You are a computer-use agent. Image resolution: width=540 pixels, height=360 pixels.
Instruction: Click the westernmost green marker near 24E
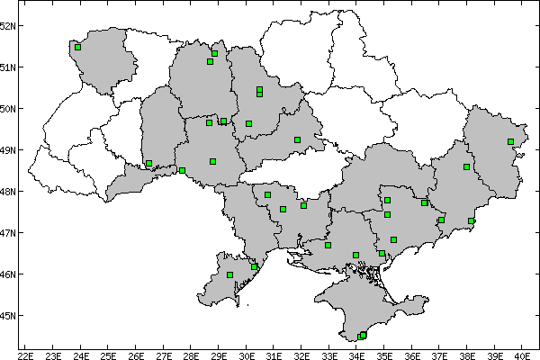(78, 47)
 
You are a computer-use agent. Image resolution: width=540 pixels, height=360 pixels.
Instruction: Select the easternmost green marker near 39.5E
(510, 141)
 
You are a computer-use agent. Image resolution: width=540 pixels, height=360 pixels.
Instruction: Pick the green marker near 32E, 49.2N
(297, 139)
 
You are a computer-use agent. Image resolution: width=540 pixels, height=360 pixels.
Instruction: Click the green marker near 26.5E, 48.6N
(148, 164)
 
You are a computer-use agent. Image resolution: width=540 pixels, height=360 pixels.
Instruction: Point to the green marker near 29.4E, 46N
(229, 274)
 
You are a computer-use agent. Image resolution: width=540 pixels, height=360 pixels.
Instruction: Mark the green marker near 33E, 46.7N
(328, 245)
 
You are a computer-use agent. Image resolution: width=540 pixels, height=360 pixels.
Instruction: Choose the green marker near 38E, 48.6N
(466, 166)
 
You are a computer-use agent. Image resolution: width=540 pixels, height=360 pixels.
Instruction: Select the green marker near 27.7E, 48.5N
(182, 170)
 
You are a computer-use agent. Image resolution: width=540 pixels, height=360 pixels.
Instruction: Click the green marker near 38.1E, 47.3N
(471, 220)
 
